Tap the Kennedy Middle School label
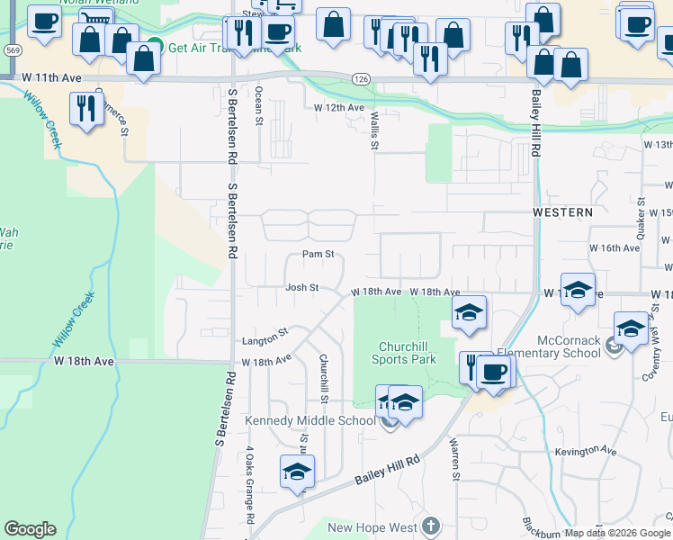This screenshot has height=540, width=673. tap(310, 420)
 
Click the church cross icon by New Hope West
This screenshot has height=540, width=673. tap(431, 526)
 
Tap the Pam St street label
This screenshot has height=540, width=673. tap(318, 255)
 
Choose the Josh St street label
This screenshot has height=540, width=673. tap(302, 287)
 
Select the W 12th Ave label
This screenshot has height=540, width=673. tap(339, 108)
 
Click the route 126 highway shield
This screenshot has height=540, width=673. tap(361, 80)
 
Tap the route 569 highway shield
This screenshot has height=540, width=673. tap(12, 51)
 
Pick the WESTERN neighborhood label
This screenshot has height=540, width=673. tap(562, 212)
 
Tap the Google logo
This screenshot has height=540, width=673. tap(30, 529)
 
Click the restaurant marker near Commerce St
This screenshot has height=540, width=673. tap(86, 109)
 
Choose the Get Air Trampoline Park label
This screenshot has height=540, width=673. tap(222, 48)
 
